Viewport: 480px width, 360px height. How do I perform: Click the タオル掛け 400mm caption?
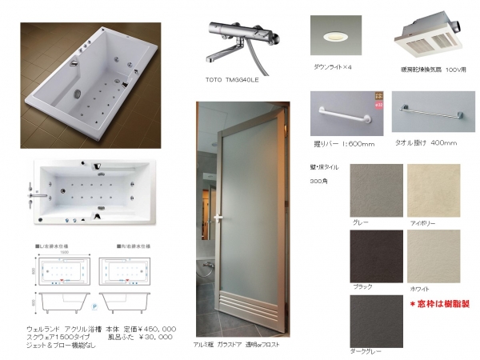pyautogui.click(x=426, y=143)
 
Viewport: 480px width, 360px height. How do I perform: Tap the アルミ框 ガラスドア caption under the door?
pyautogui.click(x=239, y=343)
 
